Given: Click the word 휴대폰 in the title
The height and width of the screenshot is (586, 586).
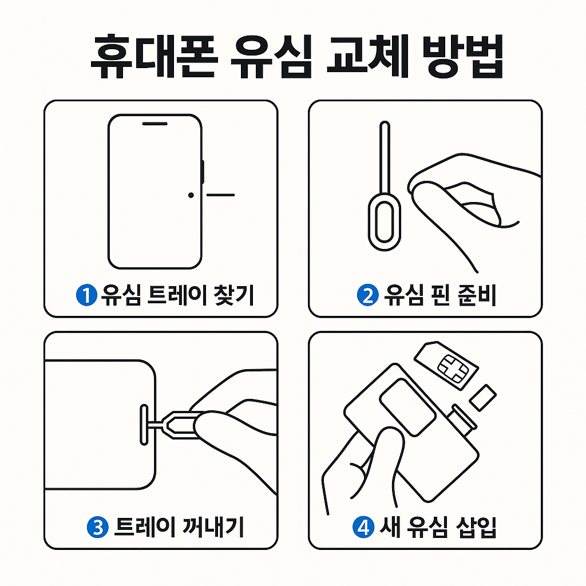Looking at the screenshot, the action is [153, 57].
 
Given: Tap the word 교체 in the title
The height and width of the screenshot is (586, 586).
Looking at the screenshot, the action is [367, 57].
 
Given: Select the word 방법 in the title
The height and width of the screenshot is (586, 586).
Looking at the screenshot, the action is [463, 57].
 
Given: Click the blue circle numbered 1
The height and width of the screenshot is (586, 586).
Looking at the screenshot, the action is [86, 295].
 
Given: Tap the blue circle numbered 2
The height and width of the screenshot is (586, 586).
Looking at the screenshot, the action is [368, 295].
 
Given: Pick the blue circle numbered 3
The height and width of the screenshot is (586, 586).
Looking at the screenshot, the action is [97, 527].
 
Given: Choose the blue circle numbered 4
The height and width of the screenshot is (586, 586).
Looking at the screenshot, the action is [363, 527].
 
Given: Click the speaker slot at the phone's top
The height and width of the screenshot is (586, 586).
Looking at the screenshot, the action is [155, 124].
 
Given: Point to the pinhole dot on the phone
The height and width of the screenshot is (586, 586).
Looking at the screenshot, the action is [191, 195].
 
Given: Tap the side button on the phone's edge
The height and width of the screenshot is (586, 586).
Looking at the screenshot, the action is [203, 172].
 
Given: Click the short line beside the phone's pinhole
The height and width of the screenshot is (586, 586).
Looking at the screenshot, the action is [220, 195].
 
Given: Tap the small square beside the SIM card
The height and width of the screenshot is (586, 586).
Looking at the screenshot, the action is [483, 398].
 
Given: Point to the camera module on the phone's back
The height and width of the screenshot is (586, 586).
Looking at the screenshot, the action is [407, 407].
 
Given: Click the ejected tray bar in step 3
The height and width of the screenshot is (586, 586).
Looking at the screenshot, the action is [144, 425].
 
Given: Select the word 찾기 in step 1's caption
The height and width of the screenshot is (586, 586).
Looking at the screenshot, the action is [233, 295].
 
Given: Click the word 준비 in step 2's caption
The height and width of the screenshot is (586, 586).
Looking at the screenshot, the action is [477, 295].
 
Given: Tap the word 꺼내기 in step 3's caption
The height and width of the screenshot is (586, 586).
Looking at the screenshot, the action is [213, 527].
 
